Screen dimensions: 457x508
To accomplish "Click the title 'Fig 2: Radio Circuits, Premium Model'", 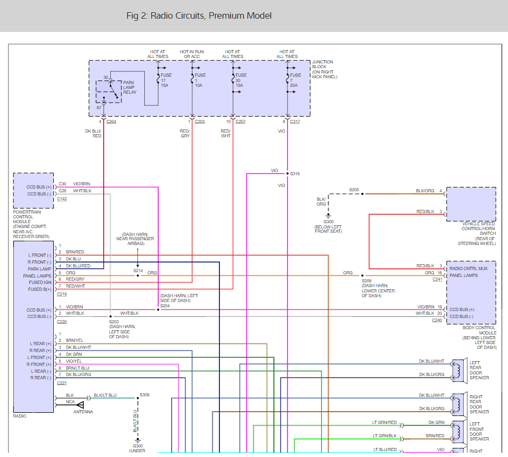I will (x=199, y=15).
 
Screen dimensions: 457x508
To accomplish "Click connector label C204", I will (x=111, y=122).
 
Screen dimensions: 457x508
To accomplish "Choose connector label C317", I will (x=295, y=122).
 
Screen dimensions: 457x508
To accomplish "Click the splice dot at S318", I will (x=288, y=174).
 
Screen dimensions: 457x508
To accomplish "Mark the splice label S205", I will (x=354, y=190).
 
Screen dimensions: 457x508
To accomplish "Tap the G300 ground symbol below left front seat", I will (x=329, y=216).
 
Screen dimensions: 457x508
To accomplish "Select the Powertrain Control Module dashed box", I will (x=34, y=190).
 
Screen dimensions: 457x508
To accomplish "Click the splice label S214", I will (x=138, y=271).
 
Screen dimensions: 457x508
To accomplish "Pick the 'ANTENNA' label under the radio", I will (x=83, y=412).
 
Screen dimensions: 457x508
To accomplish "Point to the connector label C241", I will (x=437, y=279).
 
